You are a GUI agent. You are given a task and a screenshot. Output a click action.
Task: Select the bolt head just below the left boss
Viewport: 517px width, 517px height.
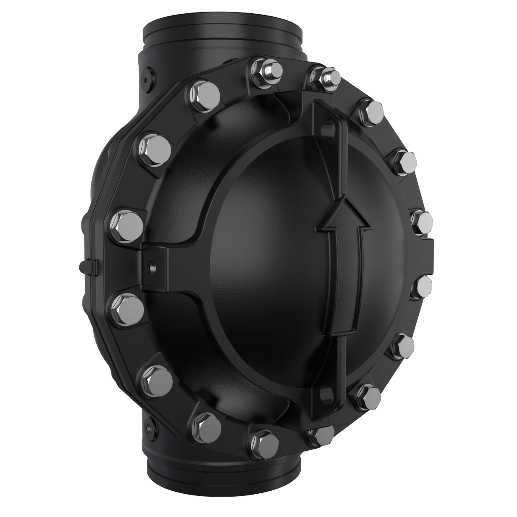127,306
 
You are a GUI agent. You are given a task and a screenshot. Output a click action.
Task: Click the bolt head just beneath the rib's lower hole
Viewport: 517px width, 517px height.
319,435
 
